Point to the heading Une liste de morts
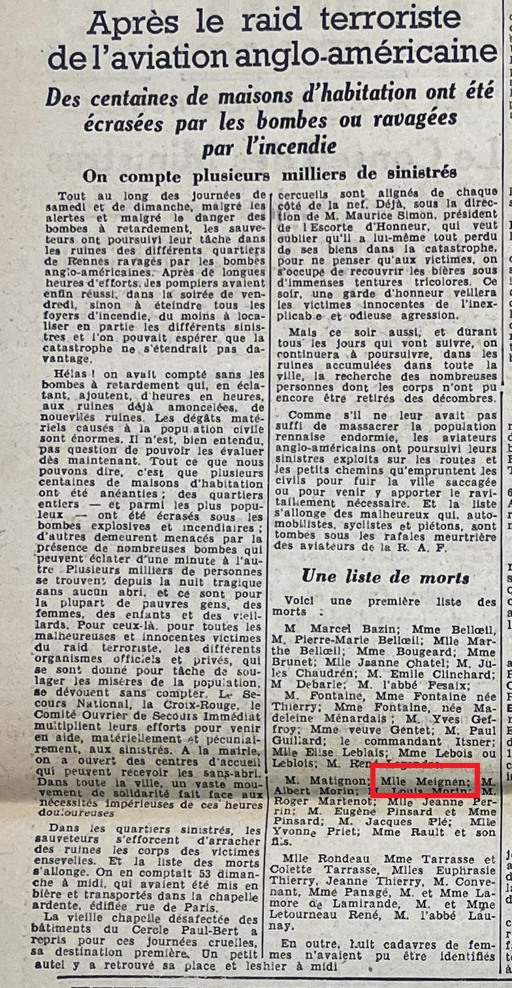click(x=385, y=576)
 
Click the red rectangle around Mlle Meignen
click(x=425, y=780)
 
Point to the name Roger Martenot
click(x=315, y=802)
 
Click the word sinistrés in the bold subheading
click(x=422, y=173)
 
